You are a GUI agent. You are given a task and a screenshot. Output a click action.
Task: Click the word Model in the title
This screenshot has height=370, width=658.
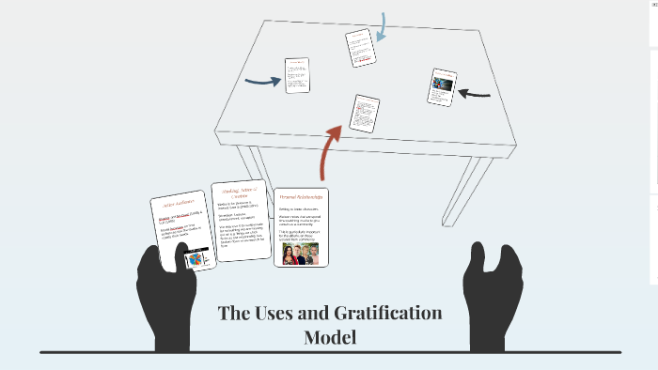tap(330, 336)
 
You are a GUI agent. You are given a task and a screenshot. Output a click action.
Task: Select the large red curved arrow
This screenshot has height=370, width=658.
tap(332, 149)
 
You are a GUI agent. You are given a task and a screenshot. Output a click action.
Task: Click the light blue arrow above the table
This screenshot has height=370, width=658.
tap(381, 27)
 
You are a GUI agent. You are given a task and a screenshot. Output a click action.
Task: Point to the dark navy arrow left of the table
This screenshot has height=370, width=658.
tap(263, 81)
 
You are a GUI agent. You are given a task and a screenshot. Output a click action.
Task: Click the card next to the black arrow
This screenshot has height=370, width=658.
tap(443, 86)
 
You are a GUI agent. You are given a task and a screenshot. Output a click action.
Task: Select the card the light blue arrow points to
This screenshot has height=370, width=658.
tap(360, 48)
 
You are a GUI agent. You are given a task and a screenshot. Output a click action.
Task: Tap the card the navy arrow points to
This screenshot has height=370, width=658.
tap(297, 75)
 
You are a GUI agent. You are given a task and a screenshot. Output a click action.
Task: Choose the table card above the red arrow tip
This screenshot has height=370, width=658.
tap(365, 113)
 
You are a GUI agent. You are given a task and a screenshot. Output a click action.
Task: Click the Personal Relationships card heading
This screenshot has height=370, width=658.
tap(301, 198)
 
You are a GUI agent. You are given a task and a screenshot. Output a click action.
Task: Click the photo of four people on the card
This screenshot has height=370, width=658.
tap(301, 254)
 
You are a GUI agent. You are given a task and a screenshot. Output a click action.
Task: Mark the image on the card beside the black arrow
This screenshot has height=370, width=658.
tap(442, 83)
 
